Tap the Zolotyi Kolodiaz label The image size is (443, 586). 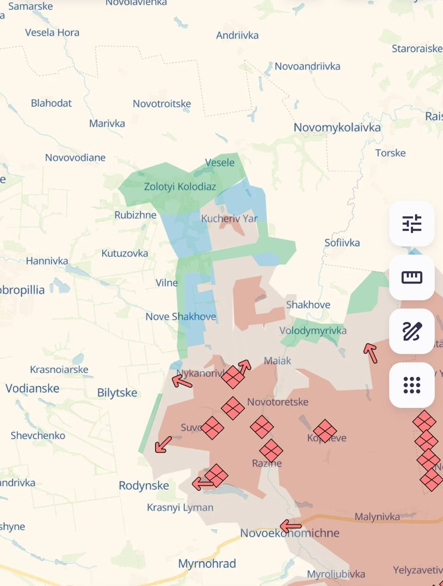(180, 187)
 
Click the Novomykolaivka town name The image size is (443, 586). (337, 128)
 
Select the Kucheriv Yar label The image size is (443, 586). (229, 219)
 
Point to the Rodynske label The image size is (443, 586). (144, 486)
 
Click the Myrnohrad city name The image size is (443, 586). (207, 564)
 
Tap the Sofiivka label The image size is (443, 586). (342, 243)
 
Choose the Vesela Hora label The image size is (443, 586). (52, 33)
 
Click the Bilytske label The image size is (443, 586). (117, 393)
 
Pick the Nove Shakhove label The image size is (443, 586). (180, 317)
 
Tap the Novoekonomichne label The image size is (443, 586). (290, 533)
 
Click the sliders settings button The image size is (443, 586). (411, 224)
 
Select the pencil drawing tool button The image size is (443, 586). (411, 331)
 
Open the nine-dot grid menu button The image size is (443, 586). (411, 385)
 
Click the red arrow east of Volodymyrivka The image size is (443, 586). (371, 353)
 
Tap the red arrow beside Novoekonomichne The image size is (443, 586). (290, 526)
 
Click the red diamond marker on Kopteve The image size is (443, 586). (325, 431)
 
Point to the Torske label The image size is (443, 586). (390, 153)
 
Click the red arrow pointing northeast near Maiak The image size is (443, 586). (245, 366)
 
